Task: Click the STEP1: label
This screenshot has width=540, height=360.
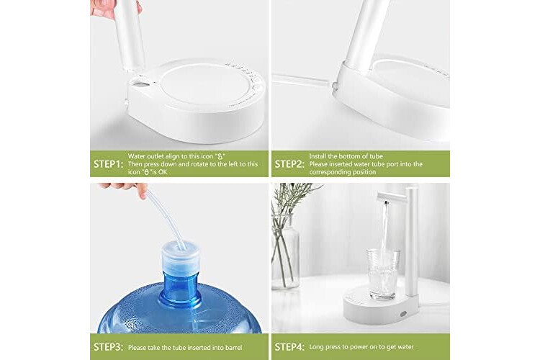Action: [x=108, y=164]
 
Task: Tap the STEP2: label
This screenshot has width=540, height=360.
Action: [x=289, y=164]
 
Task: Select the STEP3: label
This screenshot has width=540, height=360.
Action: [x=108, y=347]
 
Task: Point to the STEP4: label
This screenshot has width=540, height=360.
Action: [x=289, y=347]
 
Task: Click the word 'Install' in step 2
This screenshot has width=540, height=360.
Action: [x=318, y=156]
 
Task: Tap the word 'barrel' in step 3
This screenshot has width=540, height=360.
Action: [x=234, y=348]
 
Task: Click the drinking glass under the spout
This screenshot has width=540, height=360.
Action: [x=383, y=274]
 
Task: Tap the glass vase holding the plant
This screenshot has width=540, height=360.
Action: [x=286, y=251]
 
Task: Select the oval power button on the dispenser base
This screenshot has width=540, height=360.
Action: [x=403, y=314]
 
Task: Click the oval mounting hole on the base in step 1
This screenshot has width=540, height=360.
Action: [x=140, y=83]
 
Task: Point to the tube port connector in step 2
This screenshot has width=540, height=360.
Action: [x=333, y=85]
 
